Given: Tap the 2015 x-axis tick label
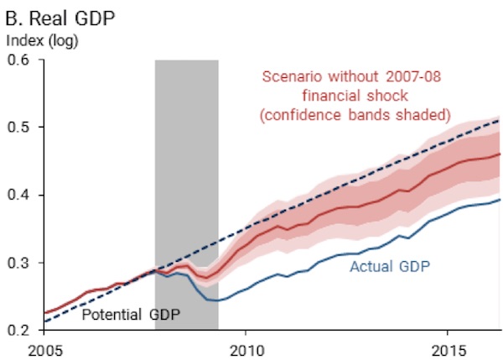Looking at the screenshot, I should (x=449, y=347).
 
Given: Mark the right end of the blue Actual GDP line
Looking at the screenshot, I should (x=500, y=199).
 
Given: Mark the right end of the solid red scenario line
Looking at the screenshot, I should (x=500, y=154).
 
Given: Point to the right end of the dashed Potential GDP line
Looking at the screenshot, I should (x=500, y=121).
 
